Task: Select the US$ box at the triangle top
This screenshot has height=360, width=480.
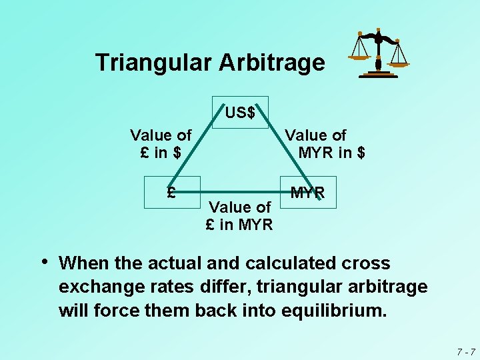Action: pos(240,112)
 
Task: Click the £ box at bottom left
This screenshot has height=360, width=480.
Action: pos(172,193)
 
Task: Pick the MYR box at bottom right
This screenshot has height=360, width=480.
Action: pos(308,193)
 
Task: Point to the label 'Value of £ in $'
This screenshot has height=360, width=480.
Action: pos(160,144)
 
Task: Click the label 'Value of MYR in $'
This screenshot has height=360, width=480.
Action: pos(326,144)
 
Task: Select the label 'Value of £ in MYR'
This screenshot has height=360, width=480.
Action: pos(239,216)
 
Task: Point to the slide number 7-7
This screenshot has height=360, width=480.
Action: pos(465,351)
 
